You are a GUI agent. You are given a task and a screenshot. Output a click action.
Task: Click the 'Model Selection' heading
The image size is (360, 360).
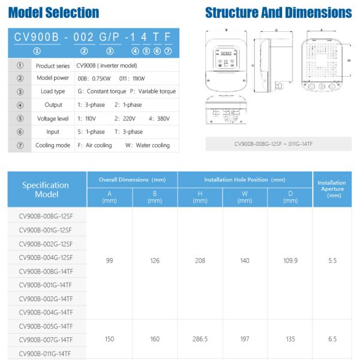[54, 13]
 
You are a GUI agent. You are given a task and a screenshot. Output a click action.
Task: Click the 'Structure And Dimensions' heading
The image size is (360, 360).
[278, 13]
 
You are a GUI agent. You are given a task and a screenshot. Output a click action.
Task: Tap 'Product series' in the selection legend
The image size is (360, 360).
[53, 65]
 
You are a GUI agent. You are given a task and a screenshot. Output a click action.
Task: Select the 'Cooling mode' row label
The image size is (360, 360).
[53, 145]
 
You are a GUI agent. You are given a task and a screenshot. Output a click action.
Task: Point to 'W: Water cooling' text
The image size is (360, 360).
[147, 145]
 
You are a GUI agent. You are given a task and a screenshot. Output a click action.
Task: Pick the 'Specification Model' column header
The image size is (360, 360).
[46, 190]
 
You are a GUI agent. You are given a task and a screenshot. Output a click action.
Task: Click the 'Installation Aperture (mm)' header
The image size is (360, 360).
[331, 189]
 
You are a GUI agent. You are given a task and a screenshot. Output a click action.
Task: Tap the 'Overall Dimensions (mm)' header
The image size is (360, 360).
[132, 179]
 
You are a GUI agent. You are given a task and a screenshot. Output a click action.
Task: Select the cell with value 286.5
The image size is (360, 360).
[200, 339]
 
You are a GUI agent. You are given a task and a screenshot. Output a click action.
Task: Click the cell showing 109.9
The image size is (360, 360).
[290, 260]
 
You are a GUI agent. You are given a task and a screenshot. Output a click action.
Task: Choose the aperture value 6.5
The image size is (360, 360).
[332, 339]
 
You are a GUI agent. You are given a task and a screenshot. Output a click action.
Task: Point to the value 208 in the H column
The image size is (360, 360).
[200, 260]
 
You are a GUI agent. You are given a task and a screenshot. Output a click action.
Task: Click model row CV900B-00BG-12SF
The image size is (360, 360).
[46, 216]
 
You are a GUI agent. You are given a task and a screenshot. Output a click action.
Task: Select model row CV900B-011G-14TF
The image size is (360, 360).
[46, 353]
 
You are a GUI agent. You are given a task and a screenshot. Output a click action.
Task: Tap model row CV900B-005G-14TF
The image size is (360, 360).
[46, 326]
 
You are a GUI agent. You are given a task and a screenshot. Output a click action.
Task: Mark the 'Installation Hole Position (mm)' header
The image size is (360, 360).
[245, 179]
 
